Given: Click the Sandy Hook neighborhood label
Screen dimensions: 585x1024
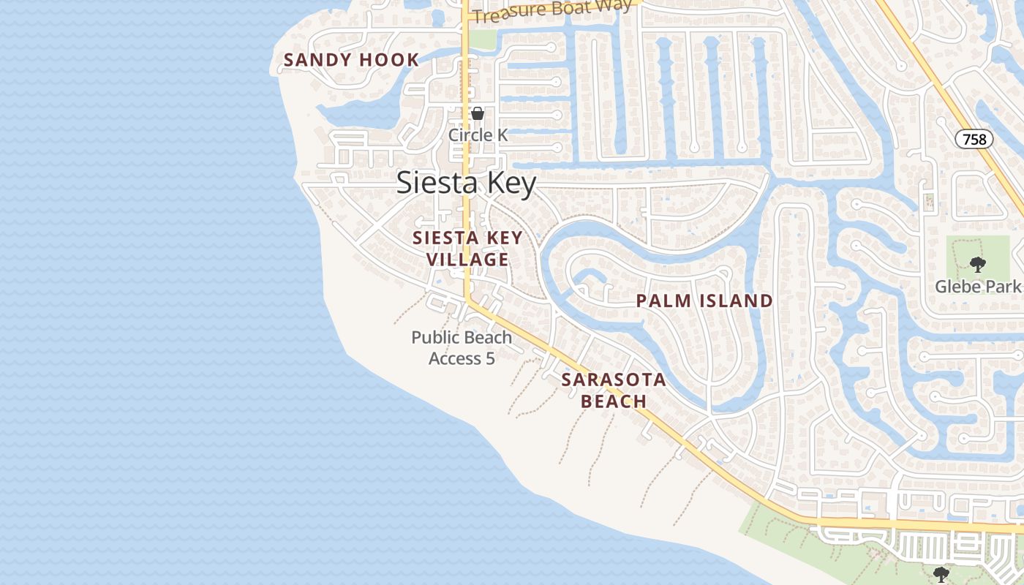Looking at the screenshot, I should (351, 60).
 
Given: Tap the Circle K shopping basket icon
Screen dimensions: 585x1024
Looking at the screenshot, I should (478, 114).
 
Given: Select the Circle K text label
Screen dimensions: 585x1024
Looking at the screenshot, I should (478, 135).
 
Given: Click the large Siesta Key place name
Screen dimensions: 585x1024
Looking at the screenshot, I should (467, 183).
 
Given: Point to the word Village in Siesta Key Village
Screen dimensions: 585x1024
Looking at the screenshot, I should (467, 260).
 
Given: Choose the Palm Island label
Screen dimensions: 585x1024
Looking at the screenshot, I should (704, 301).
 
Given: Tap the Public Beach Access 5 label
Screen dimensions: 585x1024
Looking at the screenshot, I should (462, 348).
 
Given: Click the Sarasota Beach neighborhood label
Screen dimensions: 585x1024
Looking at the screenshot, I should (614, 390).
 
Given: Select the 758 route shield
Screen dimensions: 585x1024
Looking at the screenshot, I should (974, 139).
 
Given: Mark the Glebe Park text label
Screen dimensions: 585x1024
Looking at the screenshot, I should (977, 286).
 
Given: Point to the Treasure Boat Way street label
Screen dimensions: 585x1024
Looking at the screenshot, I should (552, 11).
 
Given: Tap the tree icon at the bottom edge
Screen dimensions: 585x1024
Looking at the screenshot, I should (941, 574).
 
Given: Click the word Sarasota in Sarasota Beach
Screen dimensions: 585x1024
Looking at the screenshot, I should (614, 380).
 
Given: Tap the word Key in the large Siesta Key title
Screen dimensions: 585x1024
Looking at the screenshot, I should (508, 183).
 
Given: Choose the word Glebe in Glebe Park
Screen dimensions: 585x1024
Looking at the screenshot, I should (960, 286).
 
